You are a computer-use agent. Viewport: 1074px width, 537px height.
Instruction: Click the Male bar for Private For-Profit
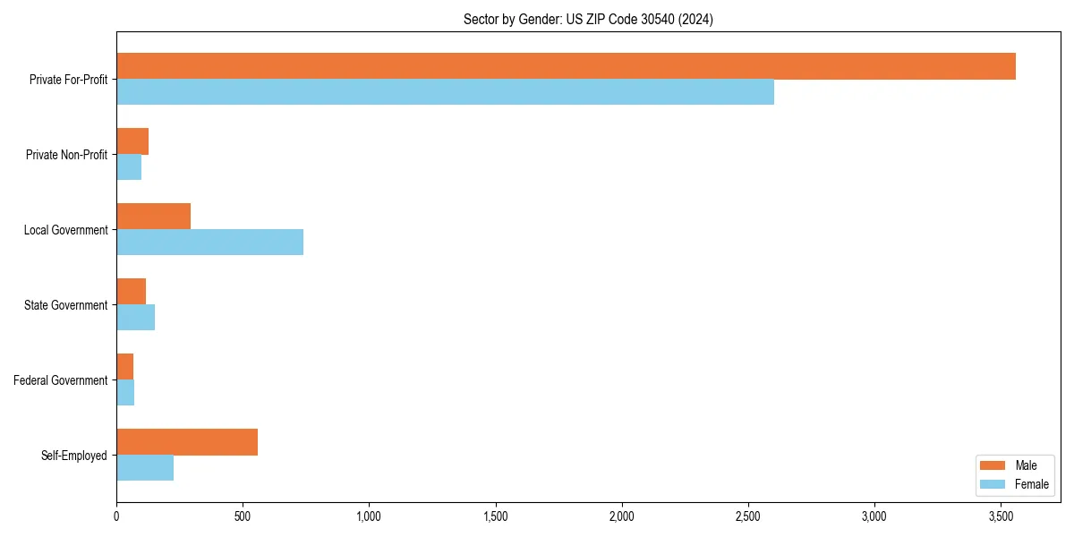[566, 66]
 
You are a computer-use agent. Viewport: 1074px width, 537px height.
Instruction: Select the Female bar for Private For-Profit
[445, 92]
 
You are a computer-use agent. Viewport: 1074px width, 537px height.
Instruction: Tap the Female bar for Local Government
[209, 243]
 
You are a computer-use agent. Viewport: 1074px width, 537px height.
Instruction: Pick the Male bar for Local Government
[153, 217]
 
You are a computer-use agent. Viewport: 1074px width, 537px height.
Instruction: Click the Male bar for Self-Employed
[187, 442]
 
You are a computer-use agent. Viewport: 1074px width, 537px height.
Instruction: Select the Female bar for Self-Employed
[145, 468]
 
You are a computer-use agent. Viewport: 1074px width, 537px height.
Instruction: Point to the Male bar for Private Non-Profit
[132, 141]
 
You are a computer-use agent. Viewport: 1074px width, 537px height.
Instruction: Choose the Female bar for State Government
[135, 318]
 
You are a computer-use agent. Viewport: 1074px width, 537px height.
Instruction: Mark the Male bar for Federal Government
[124, 367]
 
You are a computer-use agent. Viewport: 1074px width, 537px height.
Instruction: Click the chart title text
[588, 19]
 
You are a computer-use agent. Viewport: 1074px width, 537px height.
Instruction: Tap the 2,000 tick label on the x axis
[621, 516]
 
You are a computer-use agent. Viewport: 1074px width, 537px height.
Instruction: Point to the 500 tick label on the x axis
[243, 516]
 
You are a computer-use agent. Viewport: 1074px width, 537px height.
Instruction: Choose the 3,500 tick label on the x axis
[1001, 516]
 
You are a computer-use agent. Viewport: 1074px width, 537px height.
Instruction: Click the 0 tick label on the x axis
[116, 516]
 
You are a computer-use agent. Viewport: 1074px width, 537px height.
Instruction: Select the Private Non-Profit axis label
[66, 155]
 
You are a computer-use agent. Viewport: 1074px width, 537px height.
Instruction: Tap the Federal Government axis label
[61, 380]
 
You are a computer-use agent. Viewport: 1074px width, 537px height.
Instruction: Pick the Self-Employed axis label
[74, 456]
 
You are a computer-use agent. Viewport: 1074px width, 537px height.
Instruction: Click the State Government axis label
[66, 305]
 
